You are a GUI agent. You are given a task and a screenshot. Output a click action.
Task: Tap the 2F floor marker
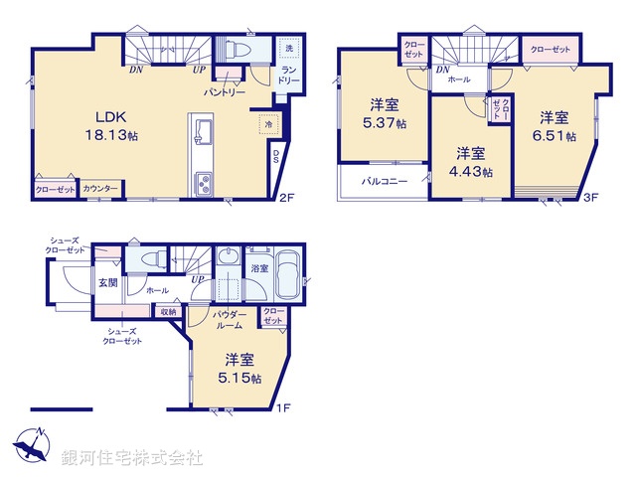(287, 198)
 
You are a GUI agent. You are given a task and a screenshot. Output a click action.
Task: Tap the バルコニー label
(381, 182)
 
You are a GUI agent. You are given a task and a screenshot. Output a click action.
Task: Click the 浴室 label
(258, 268)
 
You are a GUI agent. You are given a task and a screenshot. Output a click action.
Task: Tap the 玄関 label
(106, 283)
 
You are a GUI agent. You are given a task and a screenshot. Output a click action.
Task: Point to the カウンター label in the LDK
(100, 188)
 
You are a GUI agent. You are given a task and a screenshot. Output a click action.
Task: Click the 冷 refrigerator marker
(265, 124)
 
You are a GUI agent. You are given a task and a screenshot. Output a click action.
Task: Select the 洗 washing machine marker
(289, 49)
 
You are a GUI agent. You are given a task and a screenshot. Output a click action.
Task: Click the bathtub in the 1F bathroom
(288, 271)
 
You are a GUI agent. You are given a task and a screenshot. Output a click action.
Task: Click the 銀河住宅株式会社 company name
(132, 458)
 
